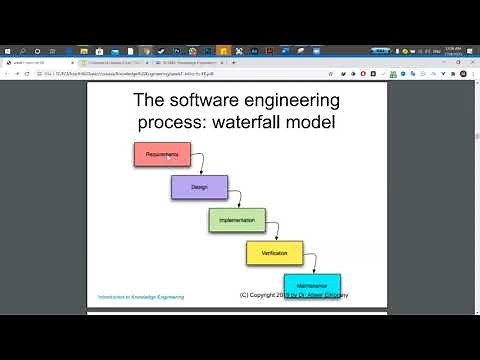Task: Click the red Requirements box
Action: (161, 154)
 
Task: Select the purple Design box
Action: (199, 187)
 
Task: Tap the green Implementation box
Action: (237, 220)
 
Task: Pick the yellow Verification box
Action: (274, 253)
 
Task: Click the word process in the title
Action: (177, 123)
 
